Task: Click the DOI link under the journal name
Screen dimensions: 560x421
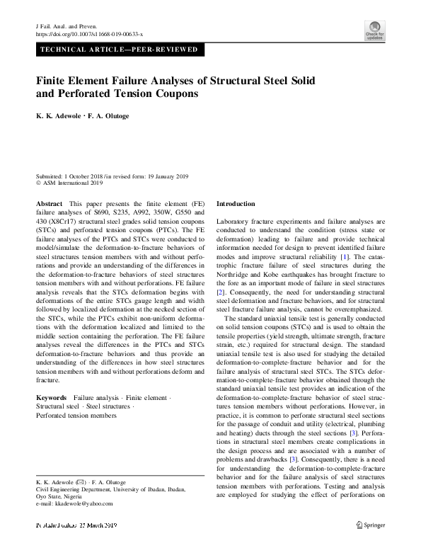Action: point(89,34)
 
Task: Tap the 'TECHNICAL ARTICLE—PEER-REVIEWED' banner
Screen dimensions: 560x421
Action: point(120,50)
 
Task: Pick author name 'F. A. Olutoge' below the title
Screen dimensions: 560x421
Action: point(111,116)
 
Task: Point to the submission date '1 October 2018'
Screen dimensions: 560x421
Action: point(86,176)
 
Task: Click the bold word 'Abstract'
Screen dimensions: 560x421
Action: point(49,204)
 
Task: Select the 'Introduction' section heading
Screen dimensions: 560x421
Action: point(236,204)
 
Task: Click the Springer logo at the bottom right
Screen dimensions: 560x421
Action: point(369,544)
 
